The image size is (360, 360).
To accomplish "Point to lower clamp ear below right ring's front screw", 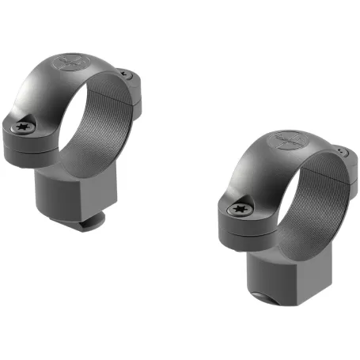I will point(237,229).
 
